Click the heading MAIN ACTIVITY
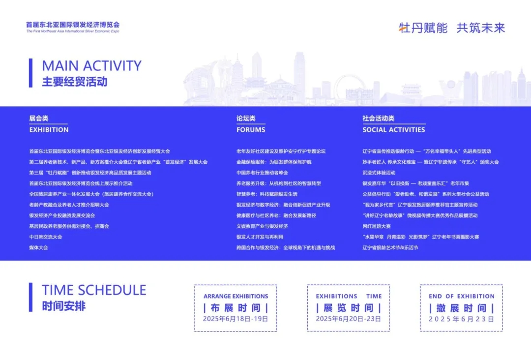click(x=92, y=66)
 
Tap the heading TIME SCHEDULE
click(x=94, y=290)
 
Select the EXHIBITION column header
click(x=49, y=130)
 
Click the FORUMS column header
click(x=251, y=130)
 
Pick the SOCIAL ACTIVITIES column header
click(x=393, y=130)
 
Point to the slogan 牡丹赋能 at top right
click(x=423, y=28)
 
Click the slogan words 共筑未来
click(x=481, y=28)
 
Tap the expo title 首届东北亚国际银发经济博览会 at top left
click(x=73, y=25)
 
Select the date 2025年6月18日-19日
click(x=236, y=319)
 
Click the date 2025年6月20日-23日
click(x=349, y=319)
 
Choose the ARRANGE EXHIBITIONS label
click(x=236, y=297)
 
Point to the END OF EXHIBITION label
click(x=462, y=297)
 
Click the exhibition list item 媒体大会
click(x=39, y=247)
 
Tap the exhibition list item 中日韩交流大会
click(x=46, y=237)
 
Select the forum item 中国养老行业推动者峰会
click(x=262, y=173)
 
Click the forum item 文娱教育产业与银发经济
click(x=262, y=226)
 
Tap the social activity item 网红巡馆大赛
click(x=377, y=226)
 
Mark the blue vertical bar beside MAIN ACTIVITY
click(x=31, y=73)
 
